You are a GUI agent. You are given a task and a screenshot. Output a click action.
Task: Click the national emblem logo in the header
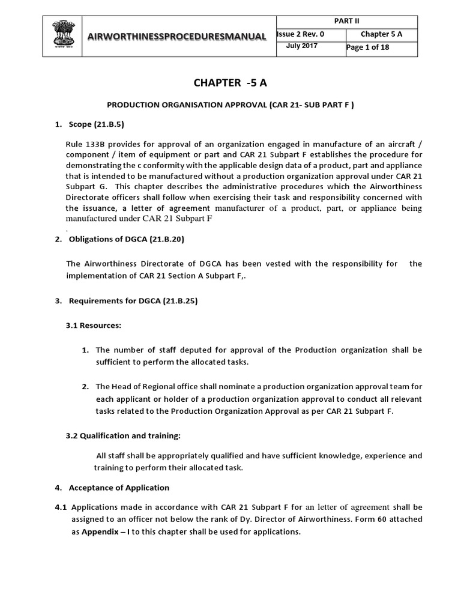click(62, 35)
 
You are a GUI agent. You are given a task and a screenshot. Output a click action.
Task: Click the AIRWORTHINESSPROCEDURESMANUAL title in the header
click(177, 37)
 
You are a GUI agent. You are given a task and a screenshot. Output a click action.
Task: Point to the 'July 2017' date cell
click(302, 46)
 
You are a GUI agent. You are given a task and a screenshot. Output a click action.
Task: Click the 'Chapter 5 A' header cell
click(381, 34)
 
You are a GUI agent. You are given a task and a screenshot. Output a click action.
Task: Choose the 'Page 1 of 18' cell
click(369, 47)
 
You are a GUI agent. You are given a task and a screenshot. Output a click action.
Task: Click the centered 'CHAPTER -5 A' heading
click(230, 82)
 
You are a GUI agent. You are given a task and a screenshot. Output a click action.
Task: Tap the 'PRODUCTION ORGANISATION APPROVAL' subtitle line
click(230, 105)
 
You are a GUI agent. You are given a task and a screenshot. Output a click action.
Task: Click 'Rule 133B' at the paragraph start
click(84, 144)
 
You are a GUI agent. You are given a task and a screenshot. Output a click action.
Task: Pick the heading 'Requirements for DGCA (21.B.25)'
click(133, 301)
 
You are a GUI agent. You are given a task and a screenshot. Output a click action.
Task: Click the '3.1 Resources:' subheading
click(93, 326)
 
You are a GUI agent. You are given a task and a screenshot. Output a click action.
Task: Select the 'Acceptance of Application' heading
click(119, 488)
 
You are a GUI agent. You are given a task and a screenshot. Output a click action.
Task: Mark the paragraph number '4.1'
click(61, 507)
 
